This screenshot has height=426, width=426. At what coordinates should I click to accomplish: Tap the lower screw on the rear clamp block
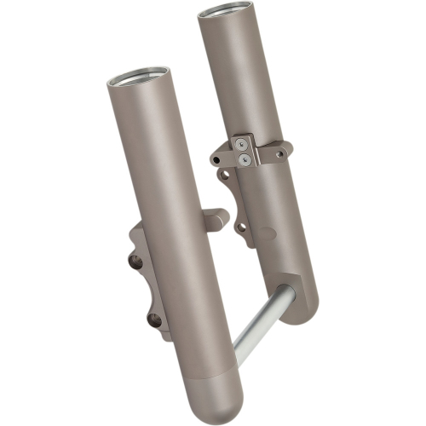[x=245, y=158]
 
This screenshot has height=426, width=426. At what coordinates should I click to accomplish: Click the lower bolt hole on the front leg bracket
[x=155, y=320]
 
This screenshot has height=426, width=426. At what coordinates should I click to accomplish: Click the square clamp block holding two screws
[x=245, y=151]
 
